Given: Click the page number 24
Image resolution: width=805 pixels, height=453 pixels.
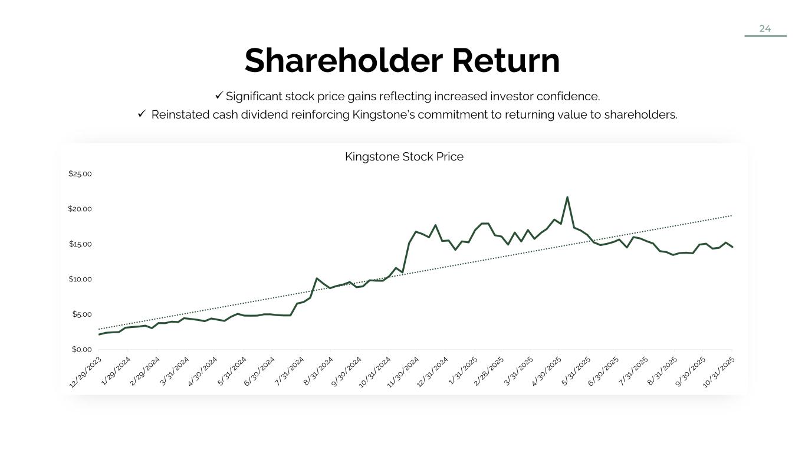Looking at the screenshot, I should click(765, 29).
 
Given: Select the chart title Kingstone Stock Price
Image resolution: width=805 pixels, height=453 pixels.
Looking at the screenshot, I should click(404, 157).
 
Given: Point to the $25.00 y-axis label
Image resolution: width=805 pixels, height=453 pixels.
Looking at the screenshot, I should click(80, 174).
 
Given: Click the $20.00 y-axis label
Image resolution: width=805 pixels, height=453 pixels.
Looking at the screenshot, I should click(80, 209).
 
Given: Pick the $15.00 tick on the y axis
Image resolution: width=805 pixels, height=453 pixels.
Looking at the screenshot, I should click(80, 244).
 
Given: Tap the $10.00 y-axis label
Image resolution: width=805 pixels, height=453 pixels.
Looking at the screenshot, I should click(80, 279).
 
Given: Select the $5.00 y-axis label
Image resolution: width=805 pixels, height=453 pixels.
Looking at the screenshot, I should click(82, 314).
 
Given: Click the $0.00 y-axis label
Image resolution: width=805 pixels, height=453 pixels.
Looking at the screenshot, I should click(82, 349).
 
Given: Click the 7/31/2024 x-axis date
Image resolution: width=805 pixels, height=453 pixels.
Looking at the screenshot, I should click(290, 371).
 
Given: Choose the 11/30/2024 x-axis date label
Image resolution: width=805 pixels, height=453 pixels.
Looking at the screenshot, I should click(403, 372).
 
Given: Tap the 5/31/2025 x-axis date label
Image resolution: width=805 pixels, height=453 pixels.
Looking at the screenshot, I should click(576, 371).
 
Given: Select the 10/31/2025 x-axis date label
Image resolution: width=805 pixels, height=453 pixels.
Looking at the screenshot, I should click(719, 372).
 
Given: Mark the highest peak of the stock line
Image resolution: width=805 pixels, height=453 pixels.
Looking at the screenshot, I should click(567, 198).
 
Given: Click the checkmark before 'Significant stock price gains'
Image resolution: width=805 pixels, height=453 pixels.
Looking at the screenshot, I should click(219, 96).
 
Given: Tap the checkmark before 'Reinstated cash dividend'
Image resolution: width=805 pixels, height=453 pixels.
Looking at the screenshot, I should click(142, 114).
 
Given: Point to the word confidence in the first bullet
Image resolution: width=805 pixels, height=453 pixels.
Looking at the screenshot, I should click(569, 96).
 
